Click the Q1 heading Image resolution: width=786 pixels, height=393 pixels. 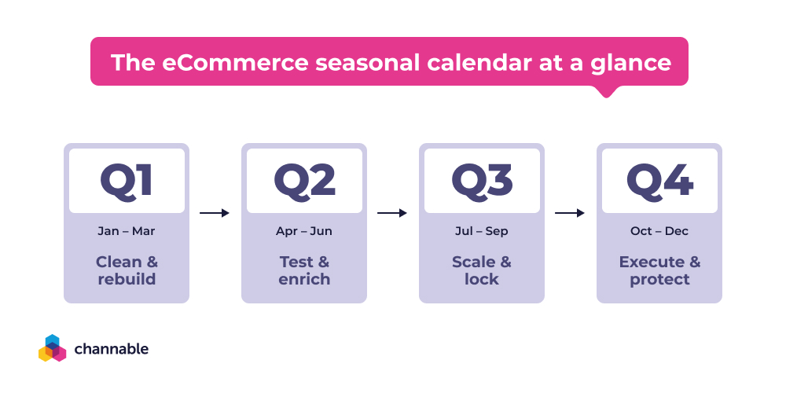click(126, 181)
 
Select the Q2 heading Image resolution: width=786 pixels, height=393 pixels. click(304, 181)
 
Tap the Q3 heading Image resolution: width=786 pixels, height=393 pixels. click(481, 181)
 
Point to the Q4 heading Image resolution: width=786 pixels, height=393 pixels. click(659, 181)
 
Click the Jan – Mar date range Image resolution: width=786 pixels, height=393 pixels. click(127, 231)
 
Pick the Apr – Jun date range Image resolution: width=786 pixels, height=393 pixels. click(304, 231)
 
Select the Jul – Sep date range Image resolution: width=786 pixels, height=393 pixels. click(482, 231)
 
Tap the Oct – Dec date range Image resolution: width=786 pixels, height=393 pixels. click(659, 231)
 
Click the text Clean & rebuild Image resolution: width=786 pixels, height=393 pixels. click(127, 270)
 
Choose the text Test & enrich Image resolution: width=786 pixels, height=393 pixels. click(304, 270)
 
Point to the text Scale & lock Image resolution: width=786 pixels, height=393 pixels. click(482, 270)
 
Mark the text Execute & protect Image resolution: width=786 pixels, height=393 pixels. click(659, 270)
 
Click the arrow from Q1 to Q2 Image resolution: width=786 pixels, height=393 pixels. click(215, 213)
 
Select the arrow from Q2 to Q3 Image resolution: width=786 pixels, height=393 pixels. click(392, 213)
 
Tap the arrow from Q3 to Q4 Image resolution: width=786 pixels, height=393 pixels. click(570, 213)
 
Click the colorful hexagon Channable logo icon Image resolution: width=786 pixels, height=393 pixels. click(52, 348)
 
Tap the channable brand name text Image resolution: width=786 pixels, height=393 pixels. click(111, 348)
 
